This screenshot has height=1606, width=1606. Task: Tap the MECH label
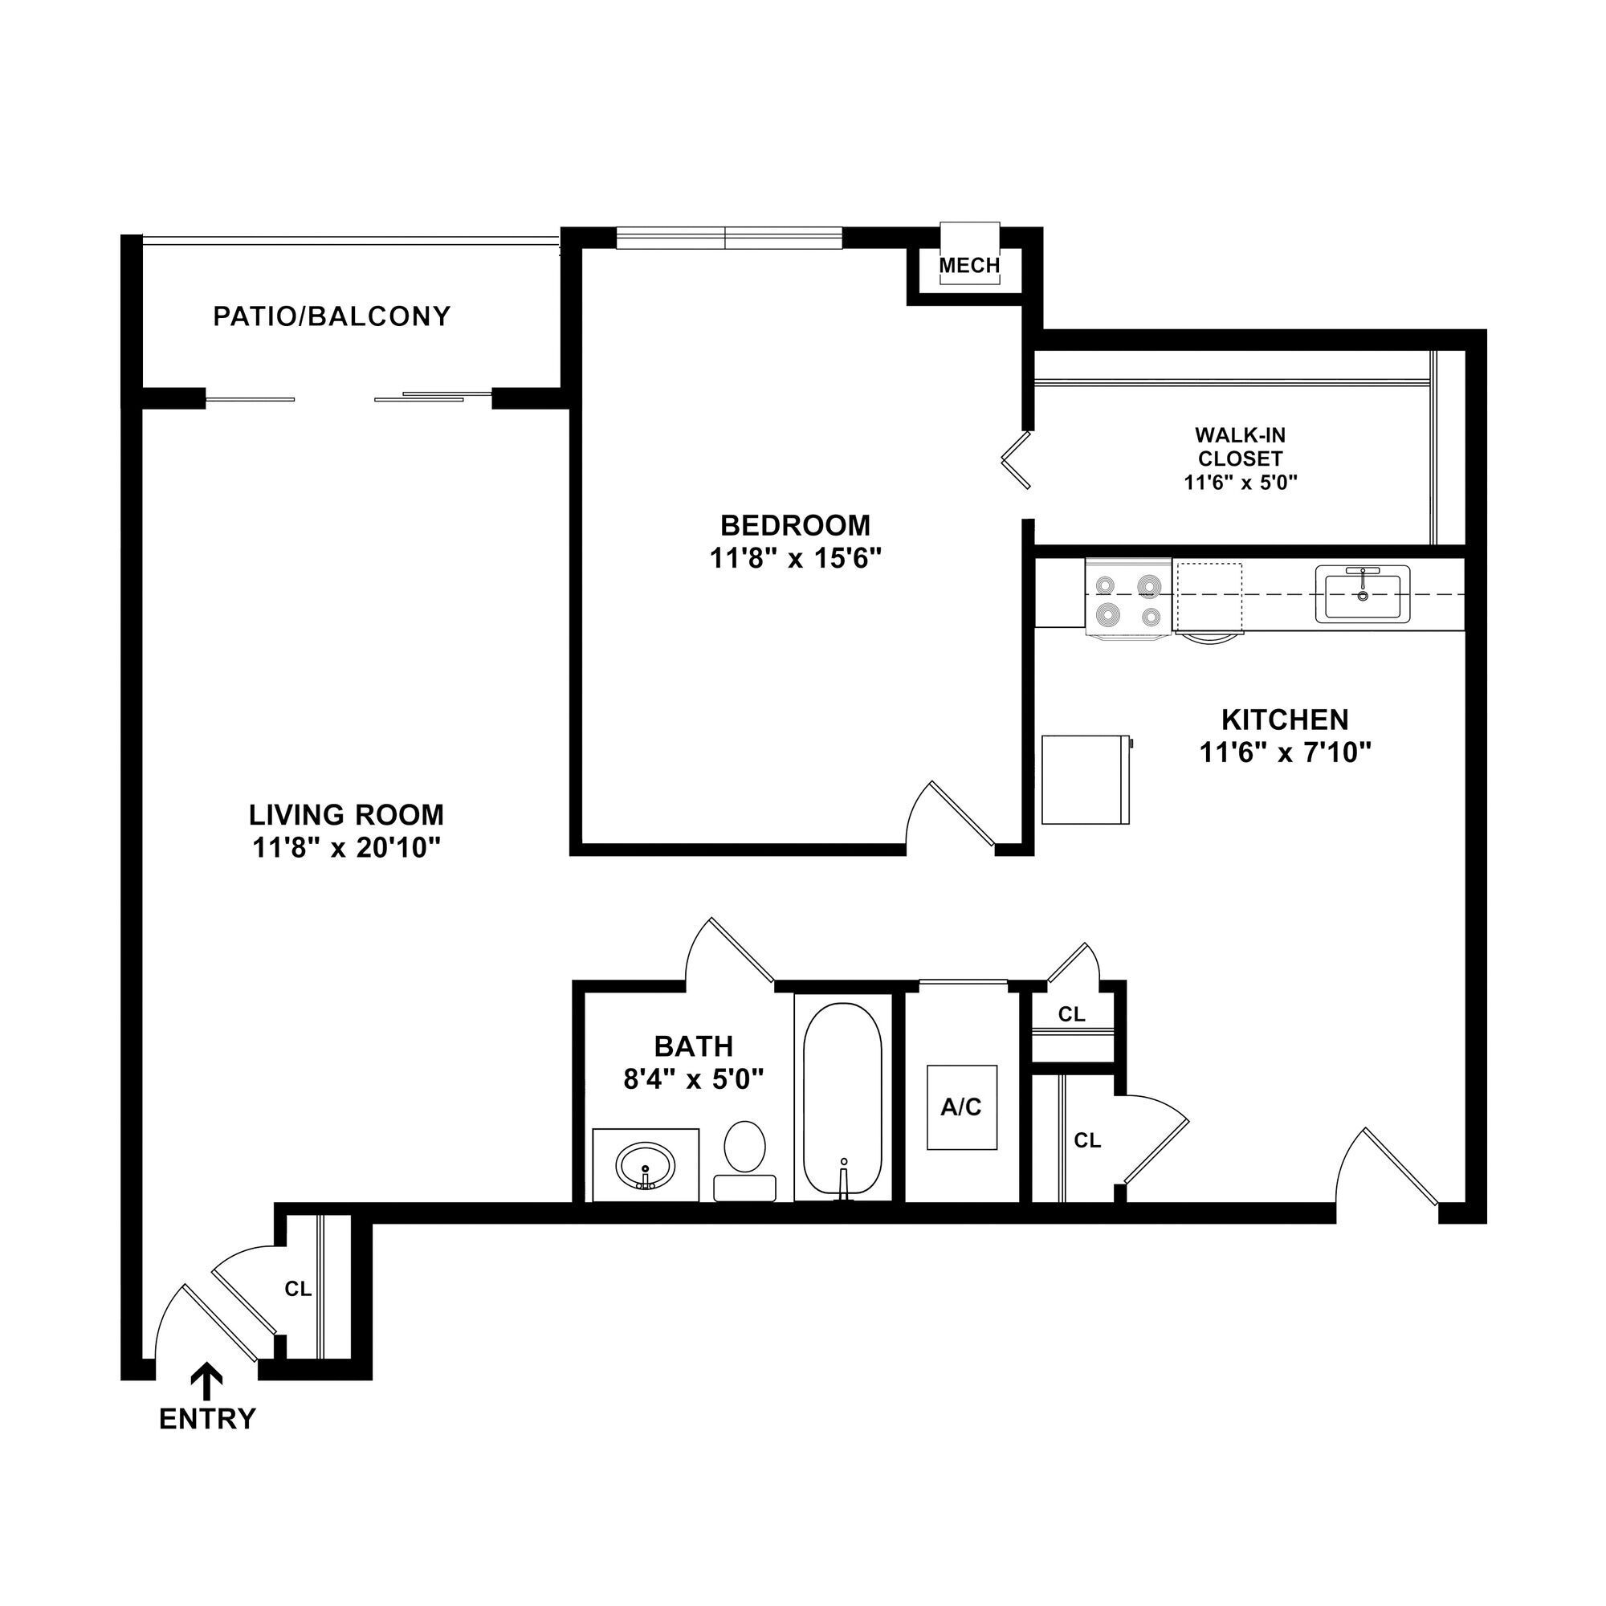click(969, 266)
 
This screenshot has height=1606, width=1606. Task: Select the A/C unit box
click(962, 1107)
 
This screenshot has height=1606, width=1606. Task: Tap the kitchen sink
click(1363, 594)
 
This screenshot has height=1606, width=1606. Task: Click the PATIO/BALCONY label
click(332, 316)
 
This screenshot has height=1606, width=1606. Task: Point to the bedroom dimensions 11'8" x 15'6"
click(795, 559)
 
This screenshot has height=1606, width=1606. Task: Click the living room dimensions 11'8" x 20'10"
click(346, 848)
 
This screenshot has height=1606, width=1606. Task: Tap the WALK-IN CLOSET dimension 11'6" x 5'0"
click(1241, 483)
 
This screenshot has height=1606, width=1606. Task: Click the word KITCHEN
click(1284, 719)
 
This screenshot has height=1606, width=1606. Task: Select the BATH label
click(693, 1046)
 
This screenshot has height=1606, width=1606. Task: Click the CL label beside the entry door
click(298, 1290)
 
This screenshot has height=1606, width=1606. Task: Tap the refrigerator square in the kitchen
click(1085, 780)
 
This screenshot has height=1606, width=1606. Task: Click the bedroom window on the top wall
click(728, 238)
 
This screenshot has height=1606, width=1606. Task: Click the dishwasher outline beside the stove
click(1209, 597)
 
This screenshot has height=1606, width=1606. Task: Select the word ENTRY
click(207, 1419)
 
